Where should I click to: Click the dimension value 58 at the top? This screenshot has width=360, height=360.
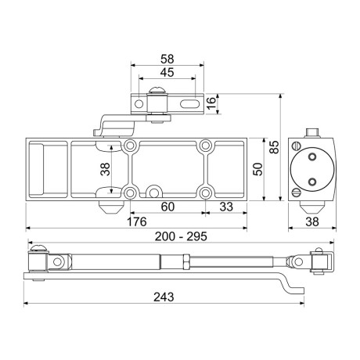pyautogui.click(x=167, y=59)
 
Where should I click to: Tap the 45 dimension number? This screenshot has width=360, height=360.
pyautogui.click(x=167, y=72)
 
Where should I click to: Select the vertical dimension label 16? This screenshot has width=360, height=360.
pyautogui.click(x=211, y=103)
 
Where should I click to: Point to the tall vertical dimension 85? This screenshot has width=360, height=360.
pyautogui.click(x=274, y=147)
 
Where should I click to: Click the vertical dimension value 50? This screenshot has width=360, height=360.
pyautogui.click(x=257, y=169)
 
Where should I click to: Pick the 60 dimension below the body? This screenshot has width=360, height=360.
pyautogui.click(x=167, y=207)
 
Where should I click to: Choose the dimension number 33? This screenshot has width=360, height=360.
pyautogui.click(x=226, y=207)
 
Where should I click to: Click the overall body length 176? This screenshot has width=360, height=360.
pyautogui.click(x=137, y=222)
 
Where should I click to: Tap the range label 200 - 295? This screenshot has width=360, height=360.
pyautogui.click(x=181, y=236)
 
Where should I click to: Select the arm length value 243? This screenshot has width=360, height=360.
pyautogui.click(x=164, y=297)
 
